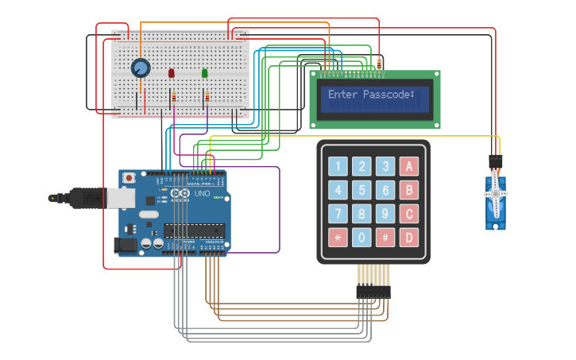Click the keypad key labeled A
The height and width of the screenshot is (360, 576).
[x=408, y=166]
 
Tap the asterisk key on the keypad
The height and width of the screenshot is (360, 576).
[x=338, y=237]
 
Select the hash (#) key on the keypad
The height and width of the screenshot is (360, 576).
[x=385, y=237]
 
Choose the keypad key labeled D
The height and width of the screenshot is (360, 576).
[x=408, y=237]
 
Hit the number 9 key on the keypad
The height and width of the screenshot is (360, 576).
[x=385, y=214]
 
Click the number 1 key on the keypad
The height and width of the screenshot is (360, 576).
[x=338, y=166]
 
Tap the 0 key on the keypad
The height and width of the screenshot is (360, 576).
[x=361, y=237]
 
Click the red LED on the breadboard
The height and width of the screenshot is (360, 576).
[x=172, y=74]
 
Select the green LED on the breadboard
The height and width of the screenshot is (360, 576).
[x=205, y=74]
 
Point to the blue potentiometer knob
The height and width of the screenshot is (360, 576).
[x=141, y=68]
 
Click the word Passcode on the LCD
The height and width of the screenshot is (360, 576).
[x=389, y=95]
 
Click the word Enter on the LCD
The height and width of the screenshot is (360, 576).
[x=343, y=95]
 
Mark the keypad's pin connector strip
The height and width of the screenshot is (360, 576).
[x=373, y=292]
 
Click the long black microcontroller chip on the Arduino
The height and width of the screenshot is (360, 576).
[x=194, y=230]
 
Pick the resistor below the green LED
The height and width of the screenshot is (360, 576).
[x=207, y=97]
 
